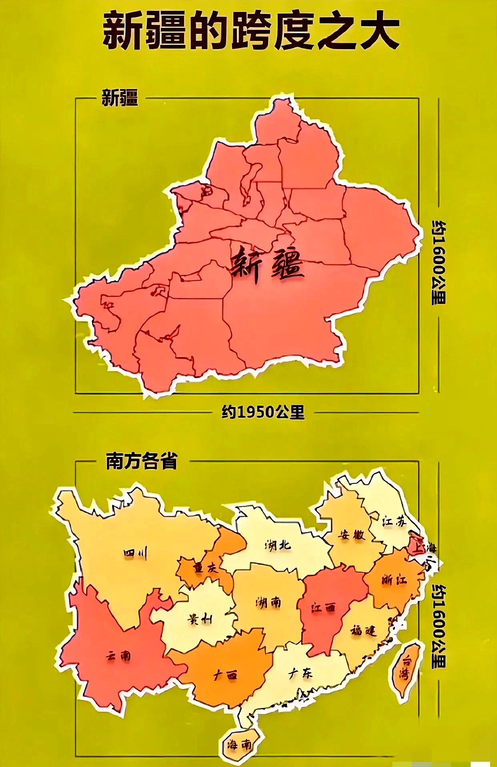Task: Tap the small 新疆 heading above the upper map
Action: [120, 98]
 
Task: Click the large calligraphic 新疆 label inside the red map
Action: [267, 266]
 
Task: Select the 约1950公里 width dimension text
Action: [263, 412]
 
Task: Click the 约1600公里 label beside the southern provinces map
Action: [439, 626]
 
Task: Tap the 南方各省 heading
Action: [141, 461]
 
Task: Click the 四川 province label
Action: [135, 554]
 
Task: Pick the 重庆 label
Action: [206, 568]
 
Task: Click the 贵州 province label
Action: [200, 619]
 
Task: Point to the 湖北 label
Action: [278, 545]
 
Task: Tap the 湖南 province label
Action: [268, 602]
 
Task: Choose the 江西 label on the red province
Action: [323, 608]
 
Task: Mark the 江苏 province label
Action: [394, 521]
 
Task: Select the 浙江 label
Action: [394, 579]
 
